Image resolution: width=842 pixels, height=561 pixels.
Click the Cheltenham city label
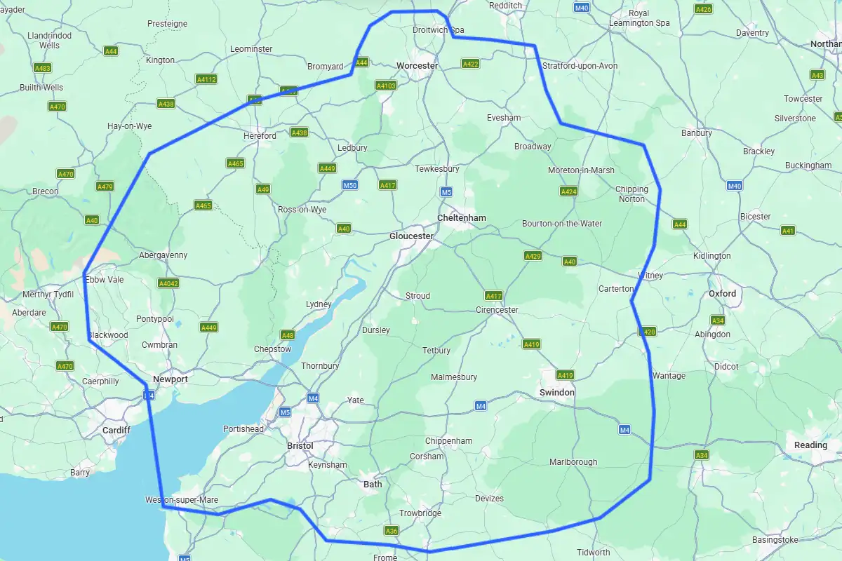(461, 218)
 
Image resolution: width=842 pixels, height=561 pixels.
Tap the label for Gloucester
(412, 236)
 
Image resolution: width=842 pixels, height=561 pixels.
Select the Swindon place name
(556, 393)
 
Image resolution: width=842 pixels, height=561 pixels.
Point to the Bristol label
(300, 446)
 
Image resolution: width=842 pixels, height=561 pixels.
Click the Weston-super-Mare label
(182, 500)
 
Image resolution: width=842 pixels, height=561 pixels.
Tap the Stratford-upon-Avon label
(580, 66)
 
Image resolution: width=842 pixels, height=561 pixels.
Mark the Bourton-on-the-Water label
(562, 224)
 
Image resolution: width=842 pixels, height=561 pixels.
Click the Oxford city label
(722, 294)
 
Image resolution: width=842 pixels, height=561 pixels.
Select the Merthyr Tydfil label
(48, 295)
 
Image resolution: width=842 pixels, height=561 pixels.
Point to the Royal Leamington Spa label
(649, 18)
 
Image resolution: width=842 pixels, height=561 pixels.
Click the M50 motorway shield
(350, 185)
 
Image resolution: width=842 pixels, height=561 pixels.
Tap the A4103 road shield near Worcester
(386, 86)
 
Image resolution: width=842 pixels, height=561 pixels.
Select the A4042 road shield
(168, 283)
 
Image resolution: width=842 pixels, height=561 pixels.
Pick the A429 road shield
(533, 256)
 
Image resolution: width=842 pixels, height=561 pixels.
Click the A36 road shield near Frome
(392, 531)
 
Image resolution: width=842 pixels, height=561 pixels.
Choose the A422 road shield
(470, 65)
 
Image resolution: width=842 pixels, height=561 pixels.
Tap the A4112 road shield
(206, 79)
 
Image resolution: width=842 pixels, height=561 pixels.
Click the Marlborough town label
(573, 462)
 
